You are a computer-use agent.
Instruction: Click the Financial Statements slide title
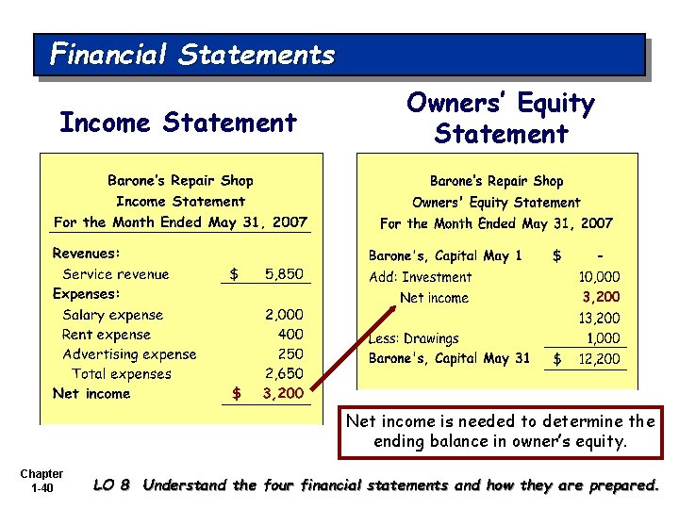tap(192, 54)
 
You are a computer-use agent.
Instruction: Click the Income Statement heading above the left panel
tap(177, 123)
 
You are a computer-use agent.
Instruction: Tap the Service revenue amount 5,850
tap(284, 274)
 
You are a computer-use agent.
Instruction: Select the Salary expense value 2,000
tap(284, 315)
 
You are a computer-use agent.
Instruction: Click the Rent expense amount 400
tap(290, 335)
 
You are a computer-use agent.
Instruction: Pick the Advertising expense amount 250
tap(290, 354)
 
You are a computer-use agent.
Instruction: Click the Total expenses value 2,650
tap(284, 374)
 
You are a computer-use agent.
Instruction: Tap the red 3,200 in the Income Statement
tap(283, 394)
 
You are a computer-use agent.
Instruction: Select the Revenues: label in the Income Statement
tap(87, 254)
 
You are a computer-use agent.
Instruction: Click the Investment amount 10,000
tap(599, 277)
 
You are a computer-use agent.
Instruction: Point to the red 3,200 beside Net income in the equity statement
tap(601, 298)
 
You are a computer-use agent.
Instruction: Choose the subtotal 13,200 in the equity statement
tap(599, 319)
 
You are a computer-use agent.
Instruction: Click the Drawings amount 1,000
tap(604, 338)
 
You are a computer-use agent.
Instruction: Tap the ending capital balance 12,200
tap(599, 359)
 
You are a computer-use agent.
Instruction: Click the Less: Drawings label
tap(413, 338)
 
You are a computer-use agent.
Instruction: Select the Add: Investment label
tap(420, 277)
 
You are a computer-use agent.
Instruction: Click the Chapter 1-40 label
tap(41, 481)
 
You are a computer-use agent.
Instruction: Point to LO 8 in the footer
tap(111, 486)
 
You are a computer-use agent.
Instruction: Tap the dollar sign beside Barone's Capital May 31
tap(557, 359)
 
